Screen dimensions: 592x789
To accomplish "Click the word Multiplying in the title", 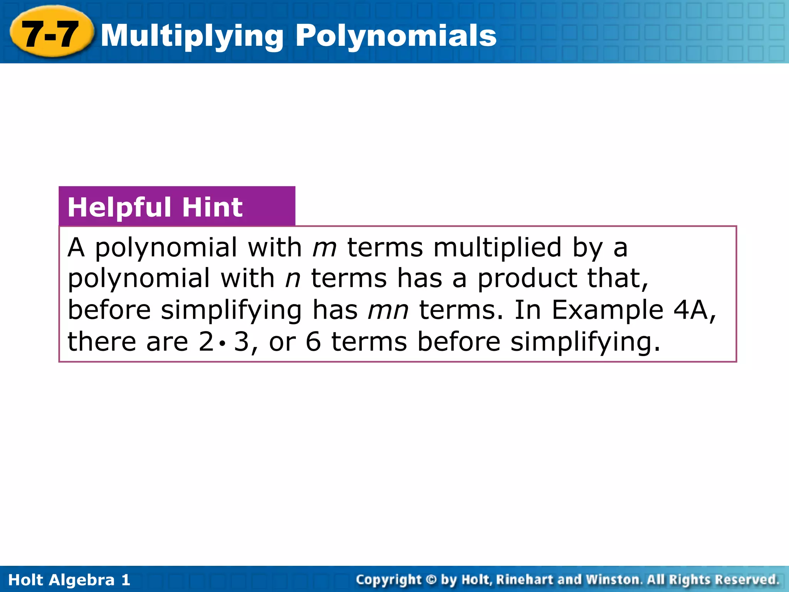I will pos(193,36).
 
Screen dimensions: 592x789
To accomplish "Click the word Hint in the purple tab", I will pos(212,207).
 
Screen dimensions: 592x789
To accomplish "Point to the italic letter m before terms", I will pos(324,247).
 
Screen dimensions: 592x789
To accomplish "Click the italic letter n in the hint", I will pos(292,278).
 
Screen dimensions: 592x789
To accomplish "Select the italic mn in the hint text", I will pos(388,310).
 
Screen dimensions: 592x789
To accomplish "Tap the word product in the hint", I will pos(527,278).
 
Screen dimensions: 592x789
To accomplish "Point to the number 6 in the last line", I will pos(313,342).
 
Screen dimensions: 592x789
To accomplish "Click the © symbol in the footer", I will pos(431,580).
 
